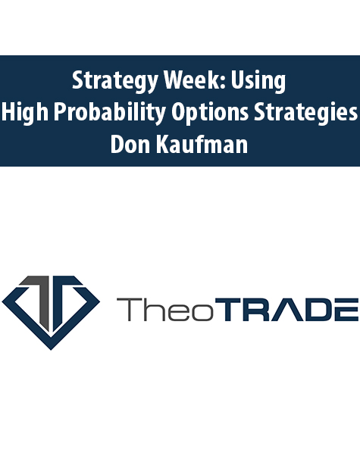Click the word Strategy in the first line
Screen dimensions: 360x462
[x=115, y=81]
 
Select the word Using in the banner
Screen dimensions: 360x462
[x=258, y=81]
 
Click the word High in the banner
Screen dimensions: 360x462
[x=25, y=113]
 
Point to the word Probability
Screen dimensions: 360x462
[x=109, y=113]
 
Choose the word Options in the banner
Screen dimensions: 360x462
[x=210, y=113]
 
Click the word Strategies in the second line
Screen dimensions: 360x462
[x=305, y=113]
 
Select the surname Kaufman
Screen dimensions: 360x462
[x=202, y=144]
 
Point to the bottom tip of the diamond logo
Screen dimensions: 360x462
[x=51, y=350]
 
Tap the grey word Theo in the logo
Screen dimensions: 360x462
[x=165, y=309]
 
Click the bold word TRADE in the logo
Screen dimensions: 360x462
[x=286, y=309]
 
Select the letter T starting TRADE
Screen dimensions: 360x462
[x=228, y=309]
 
